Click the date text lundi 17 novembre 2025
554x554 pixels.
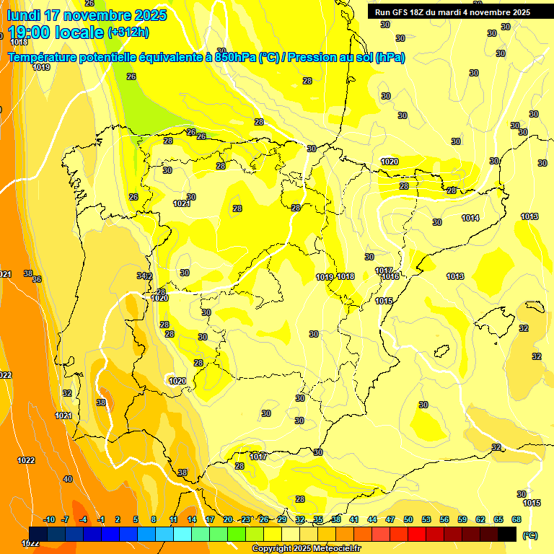pos(87,15)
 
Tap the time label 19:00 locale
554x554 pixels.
pos(56,32)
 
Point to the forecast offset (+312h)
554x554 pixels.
pos(128,32)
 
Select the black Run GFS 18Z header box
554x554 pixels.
pos(452,12)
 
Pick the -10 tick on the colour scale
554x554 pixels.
pos(49,519)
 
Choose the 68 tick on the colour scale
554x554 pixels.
pos(516,519)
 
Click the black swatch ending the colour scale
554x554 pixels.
pos(507,534)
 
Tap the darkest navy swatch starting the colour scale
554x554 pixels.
pos(38,534)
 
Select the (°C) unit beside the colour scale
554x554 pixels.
pos(529,535)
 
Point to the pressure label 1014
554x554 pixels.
pos(470,218)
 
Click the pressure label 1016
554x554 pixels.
pos(391,277)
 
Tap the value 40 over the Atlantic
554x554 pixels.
pos(68,479)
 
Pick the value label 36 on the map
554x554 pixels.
pos(38,280)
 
